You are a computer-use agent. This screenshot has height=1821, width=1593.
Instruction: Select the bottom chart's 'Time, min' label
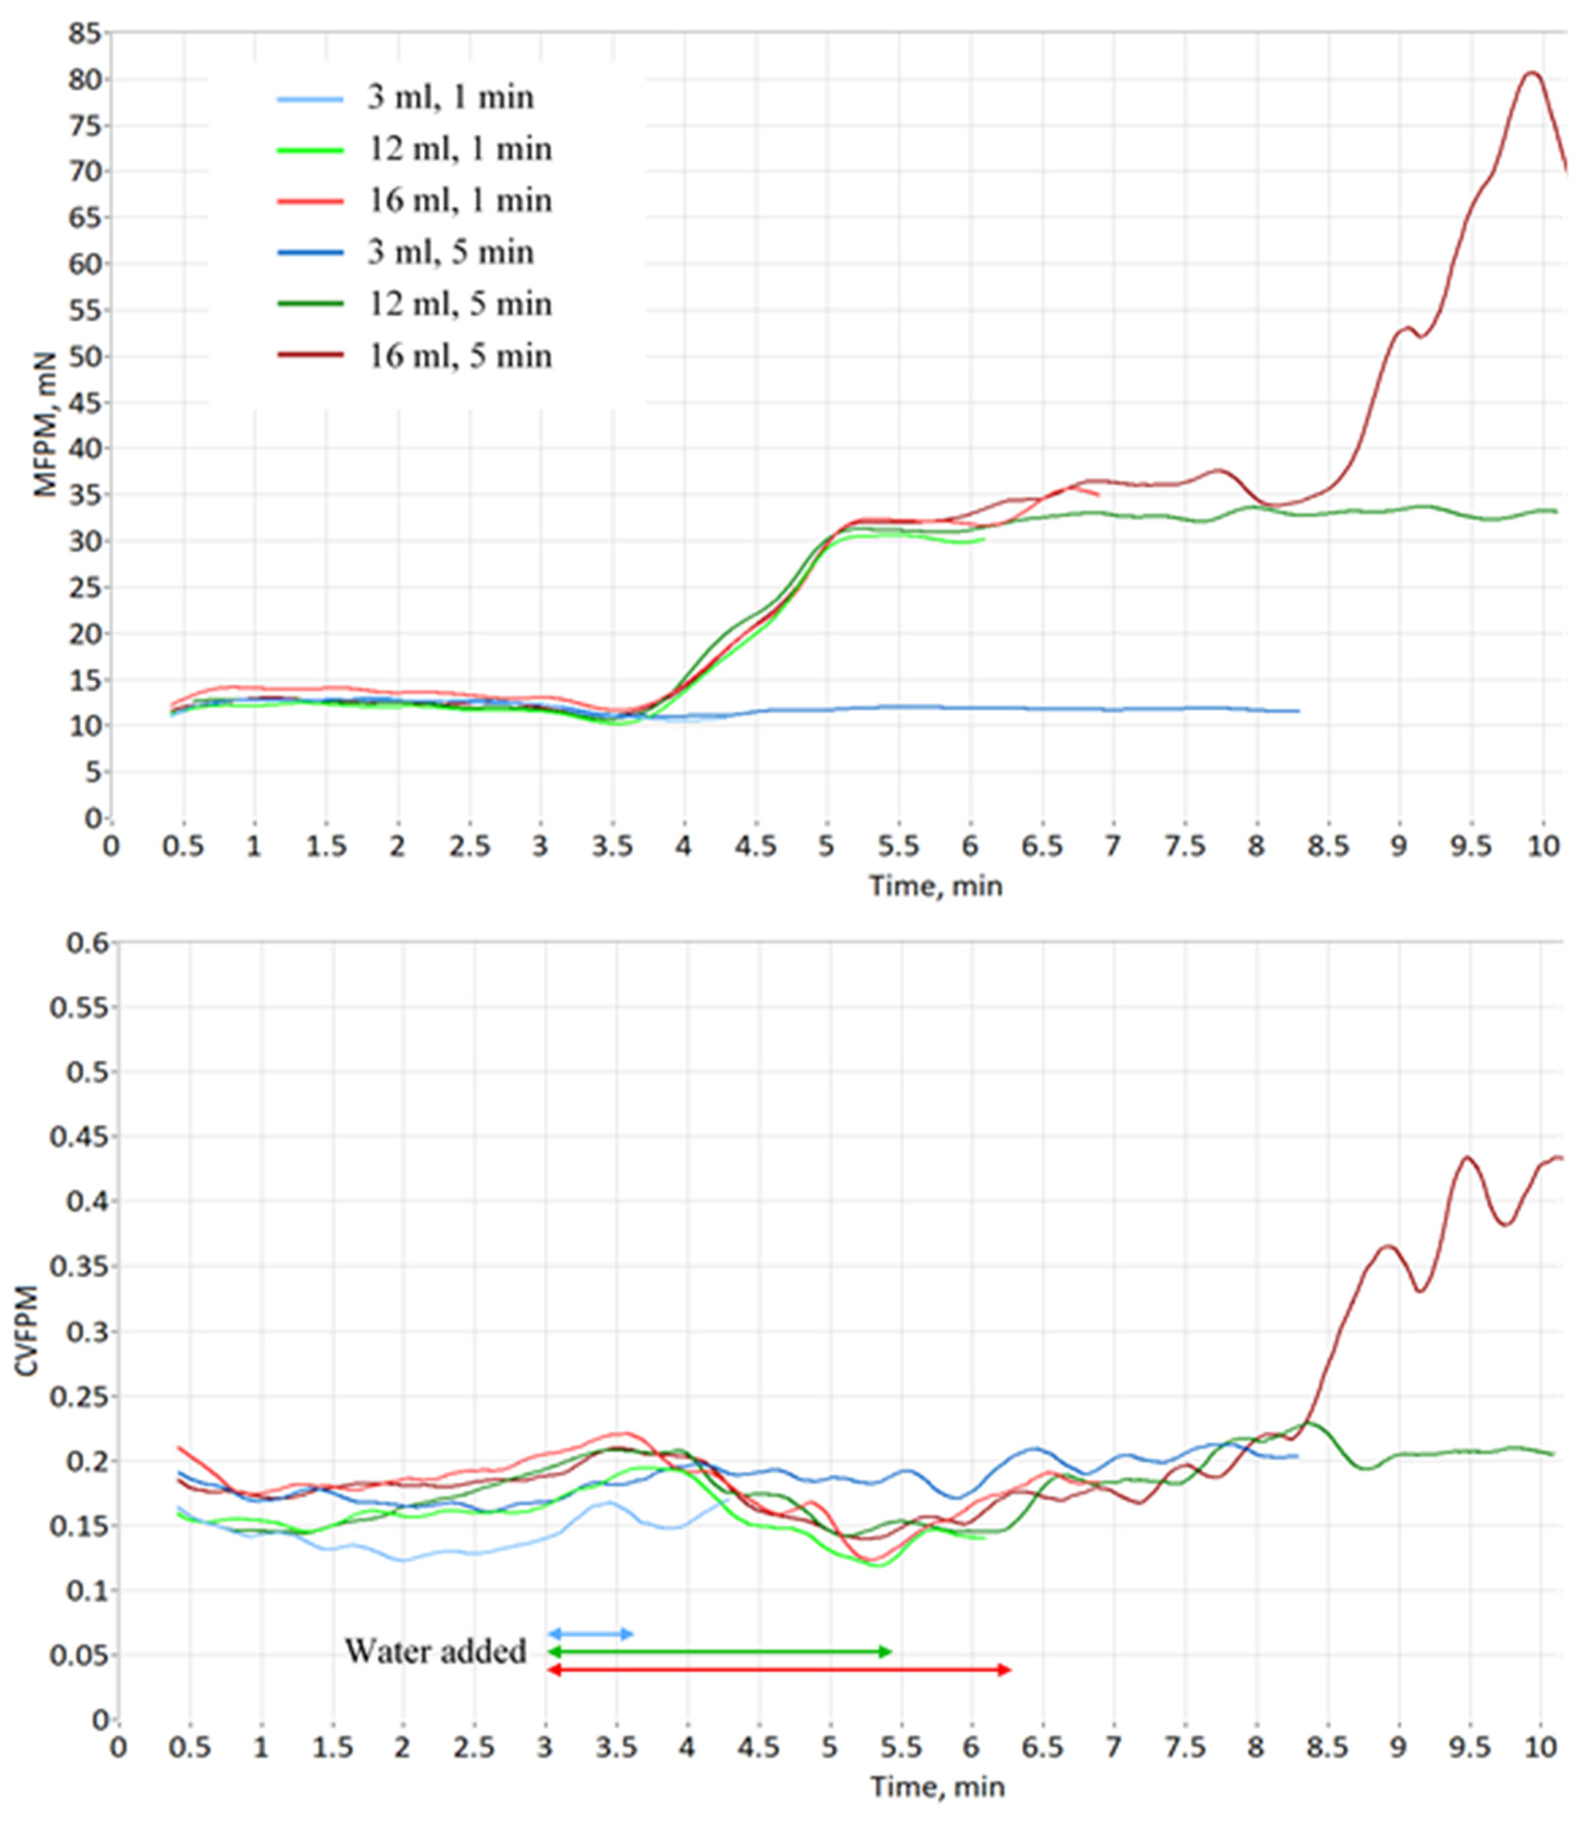(937, 1787)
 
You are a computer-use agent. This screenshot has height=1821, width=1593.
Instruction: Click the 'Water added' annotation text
(436, 1651)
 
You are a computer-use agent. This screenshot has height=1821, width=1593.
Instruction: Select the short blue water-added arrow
(591, 1633)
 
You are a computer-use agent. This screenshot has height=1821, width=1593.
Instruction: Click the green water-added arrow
(720, 1651)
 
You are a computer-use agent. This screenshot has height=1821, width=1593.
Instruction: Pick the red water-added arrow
(780, 1670)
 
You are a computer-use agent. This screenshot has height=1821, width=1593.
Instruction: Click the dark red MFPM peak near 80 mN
(1531, 73)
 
